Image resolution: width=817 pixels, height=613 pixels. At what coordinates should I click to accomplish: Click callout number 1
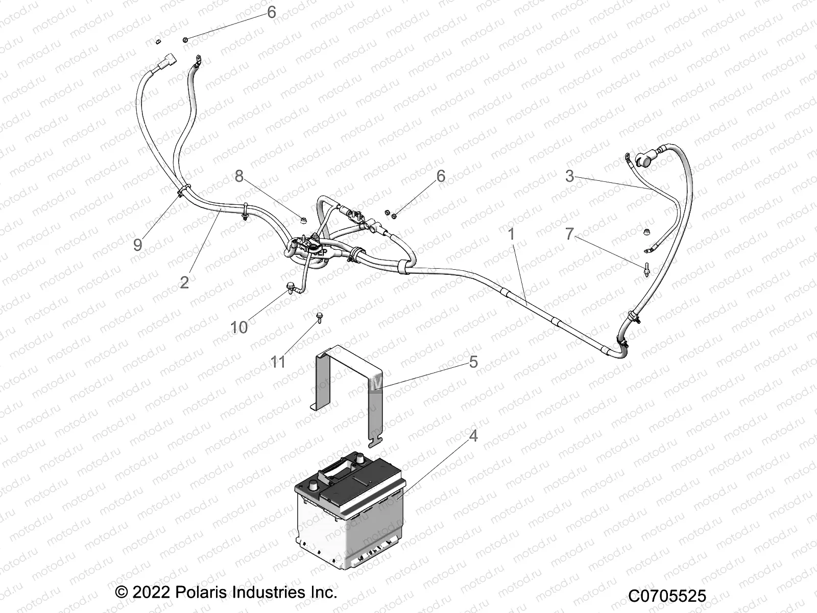[x=511, y=234]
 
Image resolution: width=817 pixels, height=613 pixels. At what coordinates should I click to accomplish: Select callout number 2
[x=184, y=282]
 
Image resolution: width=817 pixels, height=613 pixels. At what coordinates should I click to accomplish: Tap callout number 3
[x=570, y=176]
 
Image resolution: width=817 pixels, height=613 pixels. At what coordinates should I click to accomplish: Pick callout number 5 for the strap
[x=473, y=362]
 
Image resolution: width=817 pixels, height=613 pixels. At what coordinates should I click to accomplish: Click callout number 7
[x=570, y=234]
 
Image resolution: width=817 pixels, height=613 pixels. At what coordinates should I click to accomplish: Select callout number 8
[x=239, y=176]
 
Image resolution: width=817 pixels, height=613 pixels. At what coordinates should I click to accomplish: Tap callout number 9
[x=137, y=245]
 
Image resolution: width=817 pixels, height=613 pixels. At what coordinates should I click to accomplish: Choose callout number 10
[x=239, y=327]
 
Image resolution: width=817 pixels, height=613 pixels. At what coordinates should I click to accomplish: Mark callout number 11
[x=278, y=362]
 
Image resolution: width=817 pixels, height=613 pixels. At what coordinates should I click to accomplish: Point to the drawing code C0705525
[x=667, y=596]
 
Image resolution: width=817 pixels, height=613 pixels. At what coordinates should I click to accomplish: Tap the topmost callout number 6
[x=271, y=12]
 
